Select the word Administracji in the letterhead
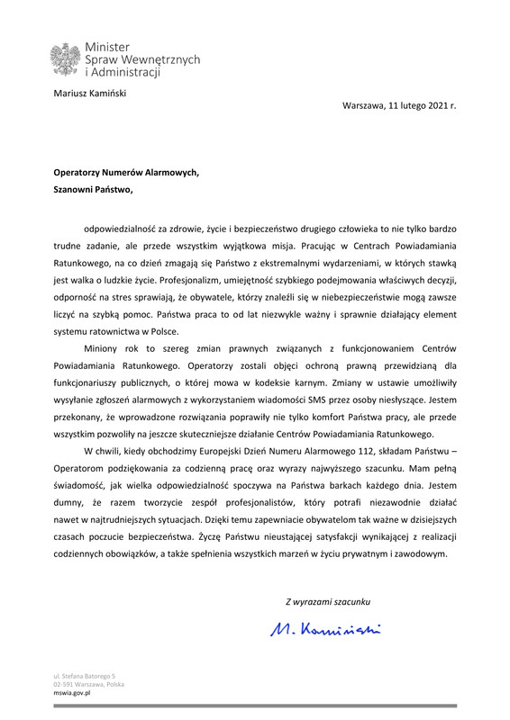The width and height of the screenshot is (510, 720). (124, 71)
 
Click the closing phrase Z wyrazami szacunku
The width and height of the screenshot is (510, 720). (328, 600)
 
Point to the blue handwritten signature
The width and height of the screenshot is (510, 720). (325, 627)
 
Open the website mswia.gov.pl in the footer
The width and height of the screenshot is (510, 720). (74, 696)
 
